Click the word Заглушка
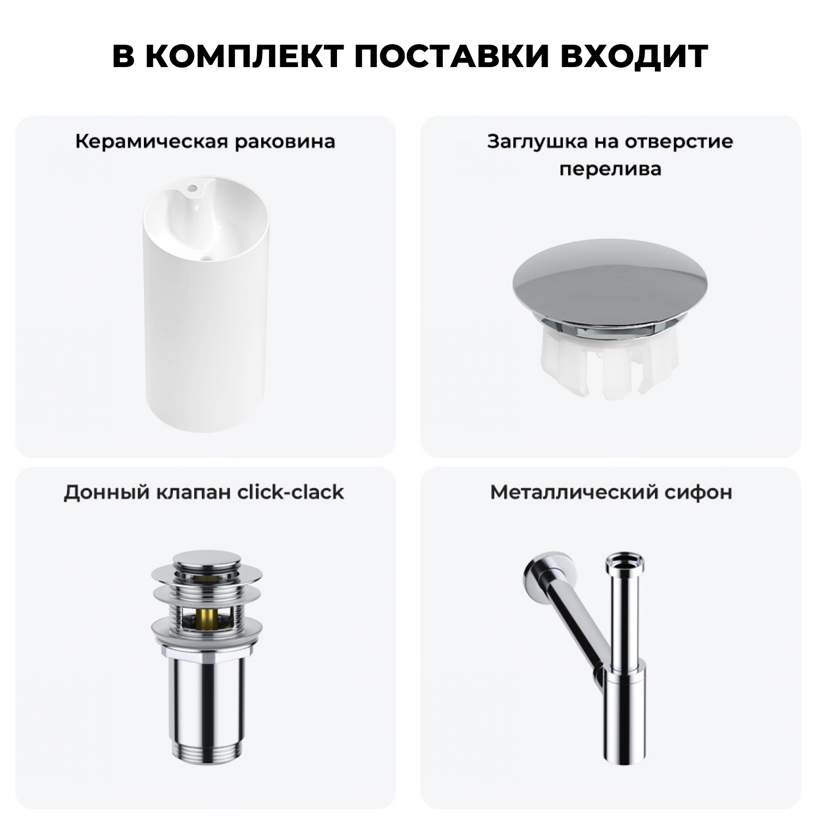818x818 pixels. click(x=532, y=142)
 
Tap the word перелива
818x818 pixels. click(x=610, y=169)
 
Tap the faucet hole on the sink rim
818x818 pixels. click(x=192, y=189)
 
